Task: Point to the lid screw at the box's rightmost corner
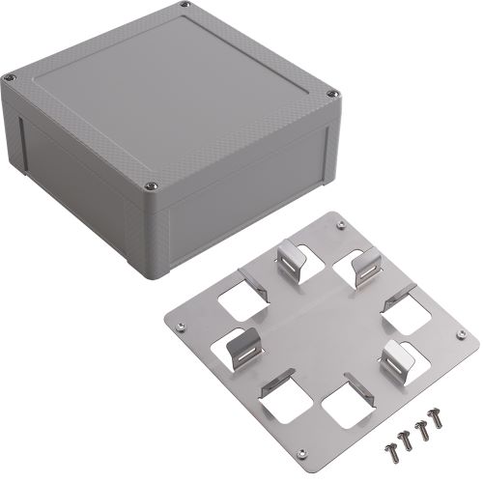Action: (x=334, y=94)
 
